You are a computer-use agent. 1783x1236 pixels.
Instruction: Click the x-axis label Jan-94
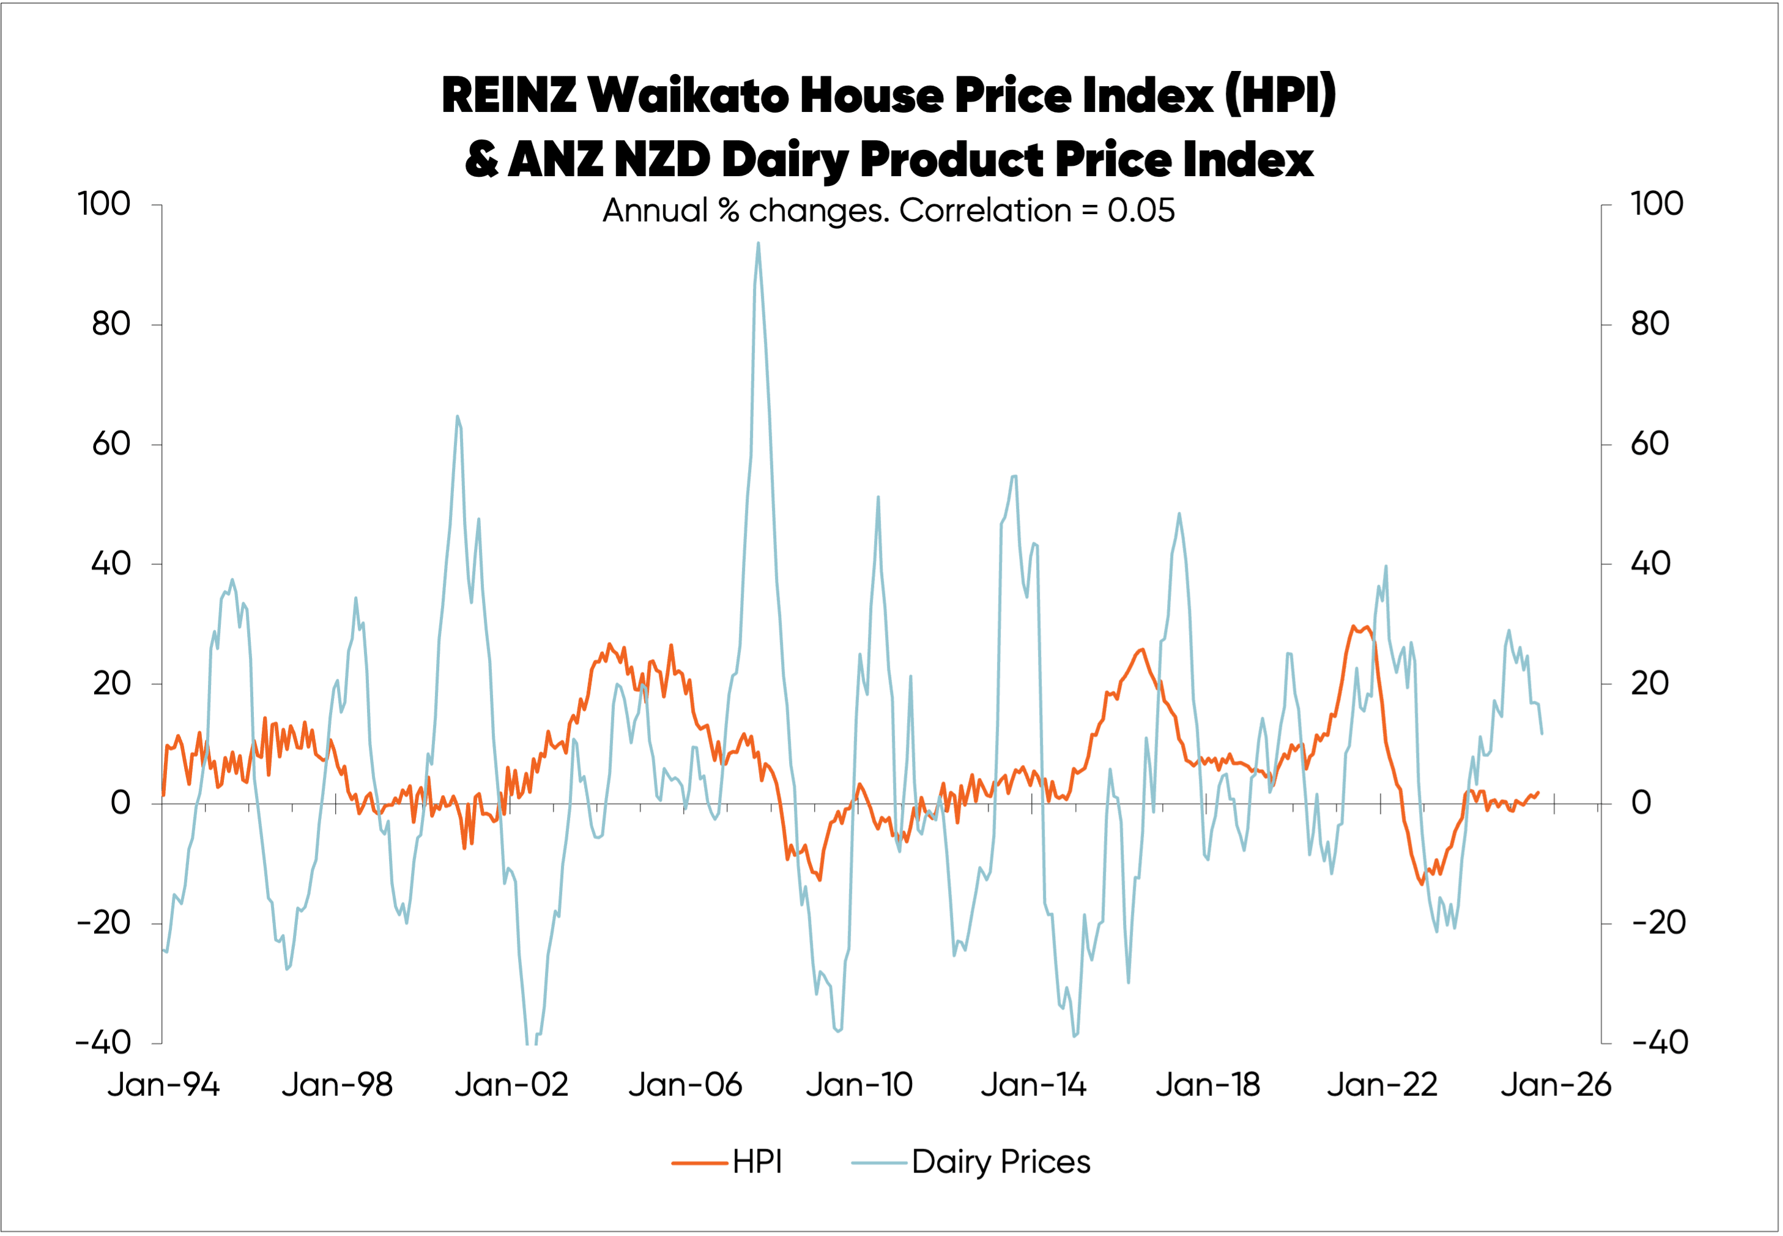point(163,1084)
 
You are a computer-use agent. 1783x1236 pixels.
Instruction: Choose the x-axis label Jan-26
point(1555,1084)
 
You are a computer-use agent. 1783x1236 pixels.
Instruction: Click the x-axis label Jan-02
point(511,1084)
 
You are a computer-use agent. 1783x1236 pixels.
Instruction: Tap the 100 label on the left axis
point(104,204)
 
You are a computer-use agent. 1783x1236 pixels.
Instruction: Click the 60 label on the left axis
point(111,444)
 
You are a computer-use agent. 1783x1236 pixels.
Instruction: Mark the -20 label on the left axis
point(104,922)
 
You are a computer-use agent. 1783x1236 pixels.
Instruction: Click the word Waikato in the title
point(689,95)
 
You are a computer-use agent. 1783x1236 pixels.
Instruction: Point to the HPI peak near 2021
point(1353,626)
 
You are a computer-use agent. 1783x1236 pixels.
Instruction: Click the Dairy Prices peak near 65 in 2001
point(457,416)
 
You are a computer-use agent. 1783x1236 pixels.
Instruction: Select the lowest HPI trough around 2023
point(1422,884)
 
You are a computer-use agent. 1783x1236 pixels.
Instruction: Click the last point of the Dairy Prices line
point(1541,733)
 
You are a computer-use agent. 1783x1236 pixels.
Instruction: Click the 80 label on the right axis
point(1650,324)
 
